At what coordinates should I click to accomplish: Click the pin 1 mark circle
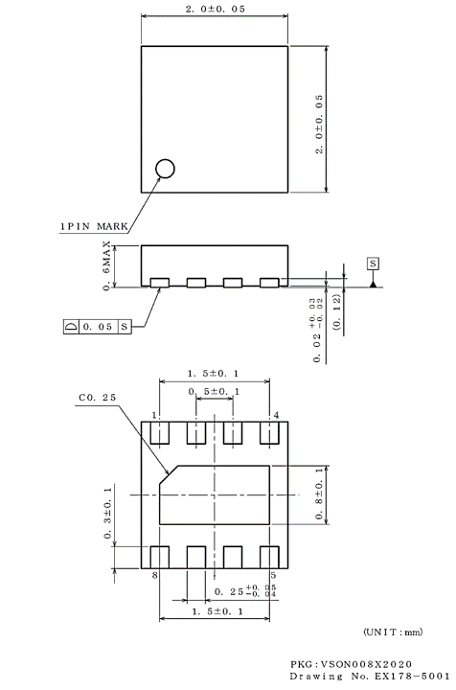click(166, 169)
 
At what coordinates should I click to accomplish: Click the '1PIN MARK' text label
click(94, 226)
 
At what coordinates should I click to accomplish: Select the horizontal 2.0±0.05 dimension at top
click(214, 10)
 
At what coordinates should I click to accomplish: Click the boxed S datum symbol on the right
click(372, 263)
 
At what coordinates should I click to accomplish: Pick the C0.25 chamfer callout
click(96, 397)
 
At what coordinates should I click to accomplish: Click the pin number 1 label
click(153, 415)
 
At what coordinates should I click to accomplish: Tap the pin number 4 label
click(276, 415)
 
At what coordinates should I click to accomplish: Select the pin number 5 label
click(273, 576)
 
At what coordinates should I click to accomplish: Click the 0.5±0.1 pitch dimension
click(215, 392)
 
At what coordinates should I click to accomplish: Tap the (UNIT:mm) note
click(392, 631)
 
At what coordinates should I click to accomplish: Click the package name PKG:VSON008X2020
click(353, 664)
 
